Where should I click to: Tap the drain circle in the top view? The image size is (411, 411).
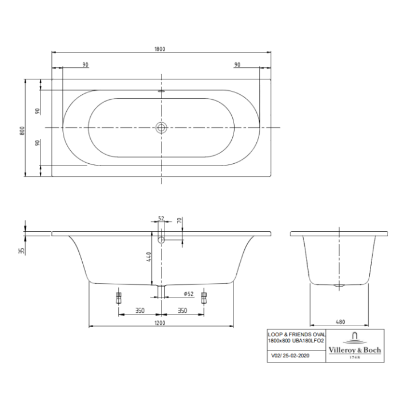[162, 127]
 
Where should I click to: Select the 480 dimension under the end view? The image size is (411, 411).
[340, 322]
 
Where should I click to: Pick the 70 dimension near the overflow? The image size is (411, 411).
[179, 220]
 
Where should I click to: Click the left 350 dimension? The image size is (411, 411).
[139, 311]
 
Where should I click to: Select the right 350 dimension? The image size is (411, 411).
[183, 311]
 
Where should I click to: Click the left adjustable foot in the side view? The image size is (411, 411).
[118, 297]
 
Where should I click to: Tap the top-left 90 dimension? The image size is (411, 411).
[85, 65]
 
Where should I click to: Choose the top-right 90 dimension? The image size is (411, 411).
[237, 65]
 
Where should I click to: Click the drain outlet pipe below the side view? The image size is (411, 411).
[161, 291]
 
